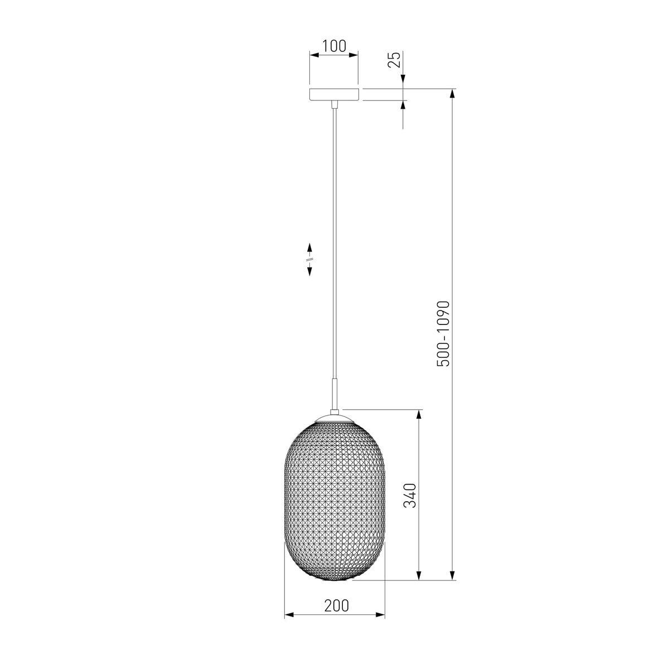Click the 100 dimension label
(x=334, y=46)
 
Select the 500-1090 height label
(x=443, y=333)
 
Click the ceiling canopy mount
(x=334, y=94)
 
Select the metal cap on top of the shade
(x=334, y=418)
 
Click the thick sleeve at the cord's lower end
(x=334, y=395)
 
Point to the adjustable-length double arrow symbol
(x=309, y=259)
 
